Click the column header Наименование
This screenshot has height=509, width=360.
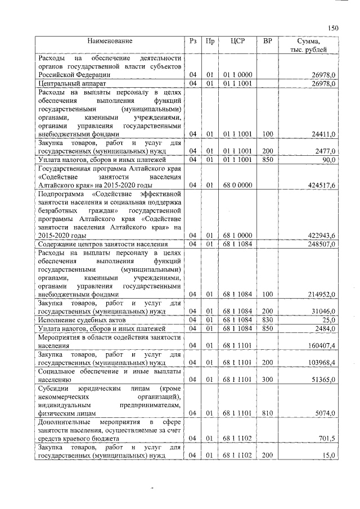point(110,42)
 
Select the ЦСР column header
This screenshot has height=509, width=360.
point(236,42)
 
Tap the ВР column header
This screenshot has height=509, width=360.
point(268,42)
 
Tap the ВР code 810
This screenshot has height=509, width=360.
point(268,413)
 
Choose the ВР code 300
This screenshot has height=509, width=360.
point(268,380)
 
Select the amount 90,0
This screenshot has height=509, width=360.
point(327,160)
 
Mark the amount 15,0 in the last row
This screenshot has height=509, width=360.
point(328,455)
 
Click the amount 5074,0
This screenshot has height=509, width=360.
point(325,413)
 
